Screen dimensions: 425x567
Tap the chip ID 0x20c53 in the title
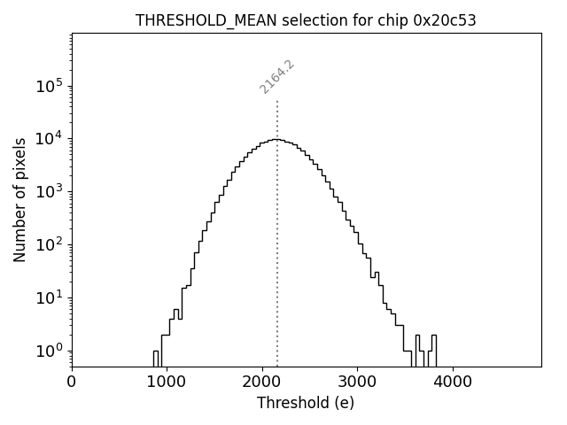coord(445,20)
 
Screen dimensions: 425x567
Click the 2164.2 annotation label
coord(276,77)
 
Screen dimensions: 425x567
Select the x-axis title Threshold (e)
coord(306,403)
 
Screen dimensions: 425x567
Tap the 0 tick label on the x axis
coord(72,382)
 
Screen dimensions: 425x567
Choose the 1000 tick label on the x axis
coord(167,382)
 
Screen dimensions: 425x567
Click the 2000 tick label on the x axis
coord(262,382)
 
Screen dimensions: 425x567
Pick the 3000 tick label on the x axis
coord(357,382)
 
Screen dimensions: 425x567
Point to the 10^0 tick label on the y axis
coord(49,351)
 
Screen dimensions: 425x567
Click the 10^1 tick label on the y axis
coord(49,297)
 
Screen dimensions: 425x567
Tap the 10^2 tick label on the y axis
coord(49,244)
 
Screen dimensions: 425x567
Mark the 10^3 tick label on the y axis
coord(49,191)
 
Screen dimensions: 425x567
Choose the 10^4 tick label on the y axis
coord(49,138)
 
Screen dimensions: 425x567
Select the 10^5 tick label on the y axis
coord(49,86)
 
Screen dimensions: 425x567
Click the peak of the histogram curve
coord(277,139)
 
